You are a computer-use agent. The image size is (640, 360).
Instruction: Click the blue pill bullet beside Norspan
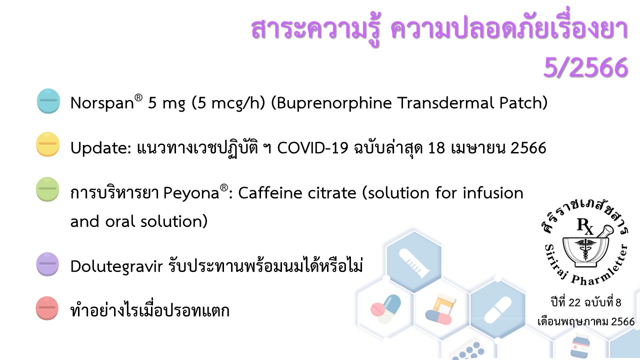(48, 101)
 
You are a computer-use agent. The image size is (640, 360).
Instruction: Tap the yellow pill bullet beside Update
(47, 144)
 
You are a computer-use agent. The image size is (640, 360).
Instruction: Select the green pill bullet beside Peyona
(47, 189)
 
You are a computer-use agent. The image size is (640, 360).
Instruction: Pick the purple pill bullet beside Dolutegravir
(47, 264)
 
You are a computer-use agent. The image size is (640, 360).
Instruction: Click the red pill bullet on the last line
(47, 308)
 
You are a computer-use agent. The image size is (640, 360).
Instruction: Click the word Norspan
(102, 103)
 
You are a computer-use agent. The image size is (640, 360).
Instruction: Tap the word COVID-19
(312, 148)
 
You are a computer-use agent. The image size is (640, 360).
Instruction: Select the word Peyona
(191, 193)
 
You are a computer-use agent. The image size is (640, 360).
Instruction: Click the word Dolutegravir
(116, 266)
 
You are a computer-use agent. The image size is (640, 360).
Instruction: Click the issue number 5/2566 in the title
(585, 67)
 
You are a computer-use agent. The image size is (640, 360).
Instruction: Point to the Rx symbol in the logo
(585, 226)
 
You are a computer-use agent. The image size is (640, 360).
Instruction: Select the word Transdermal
(445, 103)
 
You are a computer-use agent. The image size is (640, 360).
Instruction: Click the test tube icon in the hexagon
(414, 263)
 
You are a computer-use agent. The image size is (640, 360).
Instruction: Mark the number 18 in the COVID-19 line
(436, 148)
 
